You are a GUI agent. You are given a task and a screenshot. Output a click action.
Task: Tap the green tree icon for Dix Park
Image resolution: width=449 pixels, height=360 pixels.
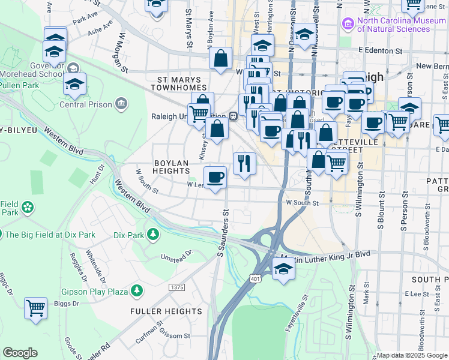click(x=154, y=233)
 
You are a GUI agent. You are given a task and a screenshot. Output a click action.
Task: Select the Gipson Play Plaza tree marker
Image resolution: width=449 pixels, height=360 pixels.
click(x=137, y=291)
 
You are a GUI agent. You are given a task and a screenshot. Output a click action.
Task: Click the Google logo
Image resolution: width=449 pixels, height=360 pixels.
click(x=20, y=353)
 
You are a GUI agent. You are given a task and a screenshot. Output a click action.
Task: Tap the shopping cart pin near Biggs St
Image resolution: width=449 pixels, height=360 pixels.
click(x=36, y=309)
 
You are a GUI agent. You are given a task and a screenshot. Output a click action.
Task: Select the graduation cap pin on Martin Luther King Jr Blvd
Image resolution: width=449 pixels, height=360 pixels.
click(x=283, y=269)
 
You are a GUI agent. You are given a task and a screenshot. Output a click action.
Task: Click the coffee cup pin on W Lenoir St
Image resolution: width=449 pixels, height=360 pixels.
click(x=215, y=177)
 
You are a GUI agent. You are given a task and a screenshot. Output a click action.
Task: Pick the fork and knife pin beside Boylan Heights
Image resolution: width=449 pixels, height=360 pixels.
click(x=244, y=163)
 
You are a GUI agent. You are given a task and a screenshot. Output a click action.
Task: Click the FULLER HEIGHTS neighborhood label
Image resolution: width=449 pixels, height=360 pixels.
click(x=166, y=311)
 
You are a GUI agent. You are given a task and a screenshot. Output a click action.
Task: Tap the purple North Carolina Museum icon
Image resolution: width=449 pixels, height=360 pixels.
click(x=346, y=24)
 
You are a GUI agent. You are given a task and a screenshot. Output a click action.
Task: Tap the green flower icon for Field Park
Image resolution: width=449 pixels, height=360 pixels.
click(x=27, y=208)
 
